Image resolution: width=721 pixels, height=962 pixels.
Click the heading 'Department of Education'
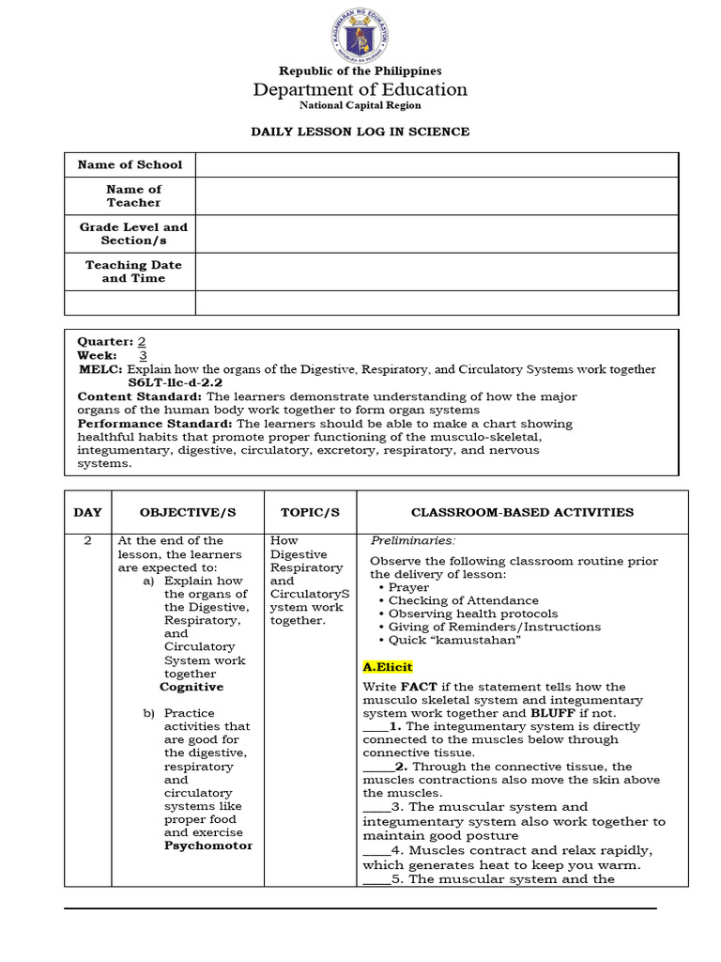coord(360,90)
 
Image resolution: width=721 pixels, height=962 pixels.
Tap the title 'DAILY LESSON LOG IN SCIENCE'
coord(360,132)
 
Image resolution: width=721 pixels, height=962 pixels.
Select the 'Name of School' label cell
coord(130,165)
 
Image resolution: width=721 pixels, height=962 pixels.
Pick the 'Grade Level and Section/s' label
coord(133,234)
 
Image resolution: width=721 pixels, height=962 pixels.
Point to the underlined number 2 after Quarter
coord(142,343)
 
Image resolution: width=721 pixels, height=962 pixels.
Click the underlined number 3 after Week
coord(143,356)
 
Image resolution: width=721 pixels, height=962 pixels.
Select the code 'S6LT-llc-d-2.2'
coord(175,383)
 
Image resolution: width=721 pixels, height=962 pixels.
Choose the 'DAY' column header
coord(87,513)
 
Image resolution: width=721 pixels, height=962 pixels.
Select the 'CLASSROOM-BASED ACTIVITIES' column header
coord(523,513)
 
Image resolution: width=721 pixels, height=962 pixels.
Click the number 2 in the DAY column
coord(87,541)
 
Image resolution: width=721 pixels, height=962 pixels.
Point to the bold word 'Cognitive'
coord(192,687)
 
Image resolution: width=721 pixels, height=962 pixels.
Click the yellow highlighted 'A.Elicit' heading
coord(388,667)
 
